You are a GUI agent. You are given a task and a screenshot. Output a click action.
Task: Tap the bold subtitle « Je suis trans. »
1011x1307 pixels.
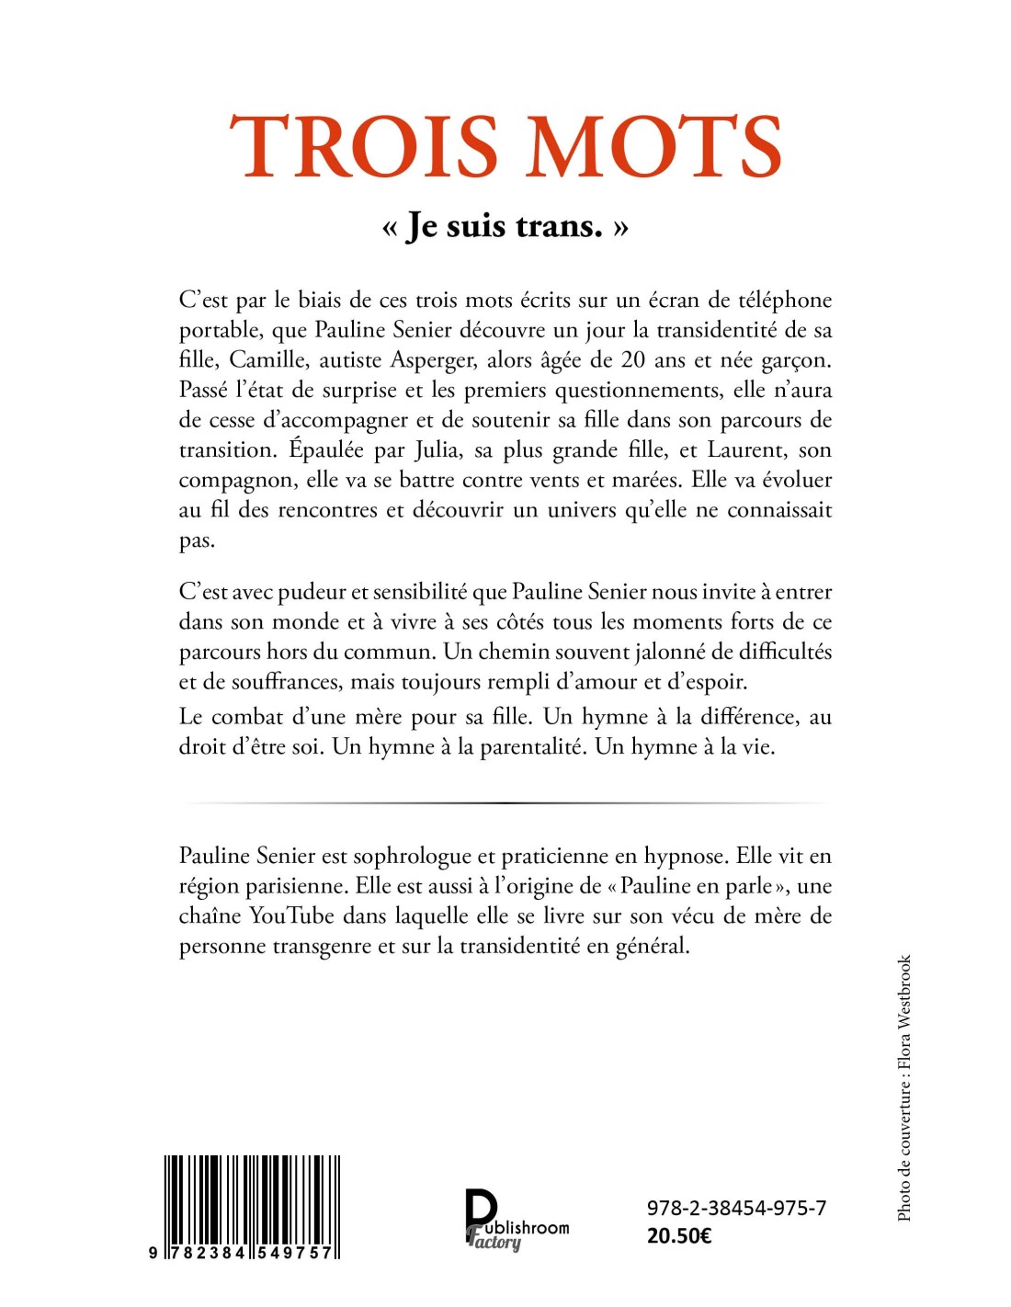click(x=505, y=225)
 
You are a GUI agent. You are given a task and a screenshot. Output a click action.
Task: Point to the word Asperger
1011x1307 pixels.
click(x=434, y=360)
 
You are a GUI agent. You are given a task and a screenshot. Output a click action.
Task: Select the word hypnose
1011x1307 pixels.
click(x=685, y=857)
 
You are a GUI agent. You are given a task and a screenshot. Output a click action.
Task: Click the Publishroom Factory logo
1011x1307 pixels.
click(x=515, y=1221)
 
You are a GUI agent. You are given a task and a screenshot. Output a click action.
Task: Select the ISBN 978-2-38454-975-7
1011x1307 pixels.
click(x=736, y=1208)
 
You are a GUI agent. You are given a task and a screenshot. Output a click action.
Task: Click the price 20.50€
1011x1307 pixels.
click(x=679, y=1235)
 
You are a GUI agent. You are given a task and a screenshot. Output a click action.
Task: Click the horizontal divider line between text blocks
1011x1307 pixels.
click(x=505, y=802)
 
